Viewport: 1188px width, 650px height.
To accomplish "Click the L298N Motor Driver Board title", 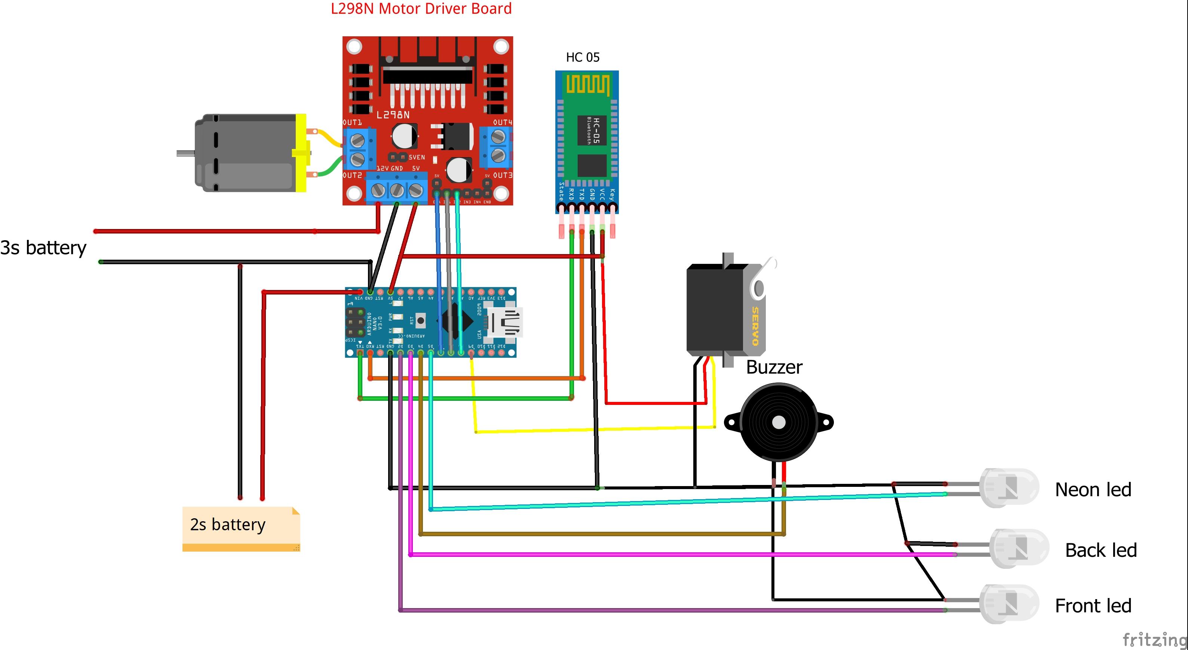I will (421, 9).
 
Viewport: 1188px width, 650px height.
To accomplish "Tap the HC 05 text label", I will (583, 57).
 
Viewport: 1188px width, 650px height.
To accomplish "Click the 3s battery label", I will (43, 248).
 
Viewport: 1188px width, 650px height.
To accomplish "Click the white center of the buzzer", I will (779, 422).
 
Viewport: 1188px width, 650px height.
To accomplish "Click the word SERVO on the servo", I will (755, 326).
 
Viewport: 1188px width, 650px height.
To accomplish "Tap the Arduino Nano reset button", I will (420, 320).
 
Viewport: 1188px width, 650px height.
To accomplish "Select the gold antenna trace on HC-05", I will (587, 85).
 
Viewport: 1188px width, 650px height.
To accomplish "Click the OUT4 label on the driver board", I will (502, 122).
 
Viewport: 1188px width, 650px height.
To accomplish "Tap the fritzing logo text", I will (1154, 640).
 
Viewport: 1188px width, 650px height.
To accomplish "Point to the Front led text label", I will (1093, 606).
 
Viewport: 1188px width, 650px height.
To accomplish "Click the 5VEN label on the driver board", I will (417, 158).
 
